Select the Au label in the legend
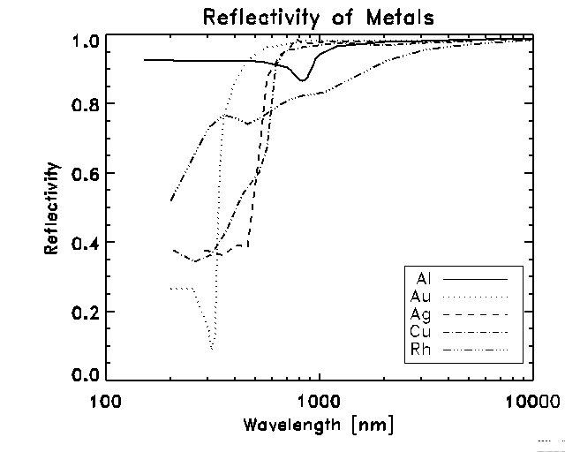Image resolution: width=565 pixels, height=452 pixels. point(422,297)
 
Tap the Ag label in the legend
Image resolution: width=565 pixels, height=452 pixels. point(422,313)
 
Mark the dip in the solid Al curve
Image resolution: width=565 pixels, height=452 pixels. point(302,80)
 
